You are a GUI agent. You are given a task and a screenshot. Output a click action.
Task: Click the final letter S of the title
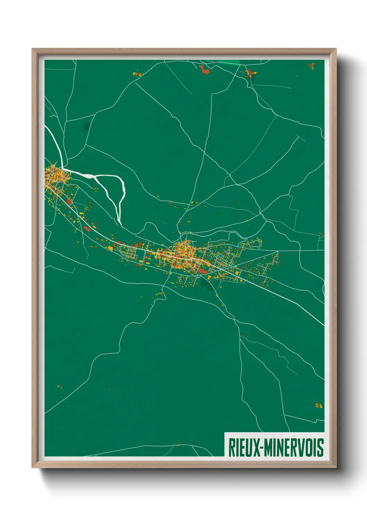click(x=321, y=447)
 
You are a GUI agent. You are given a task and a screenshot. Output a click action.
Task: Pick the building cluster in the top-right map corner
click(x=311, y=66)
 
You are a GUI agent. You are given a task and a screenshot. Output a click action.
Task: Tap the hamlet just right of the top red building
click(x=250, y=73)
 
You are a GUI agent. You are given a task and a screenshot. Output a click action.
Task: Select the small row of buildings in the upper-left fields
click(x=138, y=74)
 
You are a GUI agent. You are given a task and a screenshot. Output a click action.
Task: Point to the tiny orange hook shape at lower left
click(x=60, y=387)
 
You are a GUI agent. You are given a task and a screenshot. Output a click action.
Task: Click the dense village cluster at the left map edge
click(x=56, y=175)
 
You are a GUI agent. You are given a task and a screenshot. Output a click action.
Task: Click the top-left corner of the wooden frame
click(x=33, y=49)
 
